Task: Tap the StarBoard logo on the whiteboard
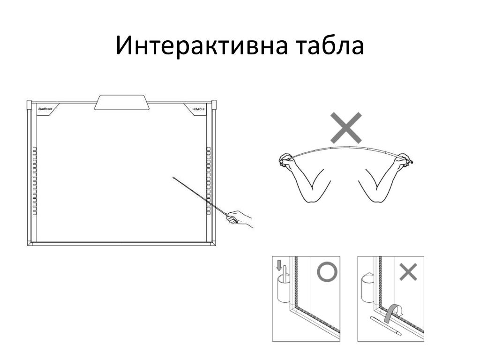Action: pos(45,109)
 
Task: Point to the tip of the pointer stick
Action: pos(174,178)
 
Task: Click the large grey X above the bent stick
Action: pos(346,127)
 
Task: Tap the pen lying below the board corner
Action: pos(385,324)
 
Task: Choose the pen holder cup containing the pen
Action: pos(283,287)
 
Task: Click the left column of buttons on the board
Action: pos(35,180)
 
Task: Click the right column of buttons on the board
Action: pos(209,180)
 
